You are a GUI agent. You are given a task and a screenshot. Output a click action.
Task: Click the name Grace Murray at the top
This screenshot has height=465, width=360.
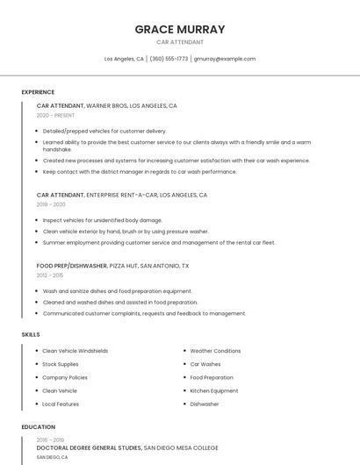pos(180,29)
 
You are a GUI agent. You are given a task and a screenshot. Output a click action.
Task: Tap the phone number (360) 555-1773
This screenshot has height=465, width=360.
pos(169,59)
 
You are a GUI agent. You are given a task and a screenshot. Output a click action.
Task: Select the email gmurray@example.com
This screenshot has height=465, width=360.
pos(225,59)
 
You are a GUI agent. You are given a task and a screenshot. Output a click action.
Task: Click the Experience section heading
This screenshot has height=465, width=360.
pos(38,92)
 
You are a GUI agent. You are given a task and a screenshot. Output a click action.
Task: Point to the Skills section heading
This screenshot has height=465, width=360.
pos(31,334)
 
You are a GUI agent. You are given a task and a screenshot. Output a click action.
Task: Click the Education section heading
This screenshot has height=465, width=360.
pos(39,427)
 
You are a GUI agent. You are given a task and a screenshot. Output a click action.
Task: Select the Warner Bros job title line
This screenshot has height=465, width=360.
pos(106,105)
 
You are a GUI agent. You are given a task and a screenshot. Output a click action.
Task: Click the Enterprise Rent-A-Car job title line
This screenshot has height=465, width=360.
pos(122,195)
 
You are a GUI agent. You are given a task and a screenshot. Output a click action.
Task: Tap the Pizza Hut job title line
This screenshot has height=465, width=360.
pos(112,265)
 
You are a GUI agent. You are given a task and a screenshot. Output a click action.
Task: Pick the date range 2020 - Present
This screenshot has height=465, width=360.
pos(55,116)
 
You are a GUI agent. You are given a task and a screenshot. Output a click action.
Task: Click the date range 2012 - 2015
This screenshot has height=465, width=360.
pos(50,275)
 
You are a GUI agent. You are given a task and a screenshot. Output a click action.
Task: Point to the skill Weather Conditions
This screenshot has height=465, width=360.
pos(215,351)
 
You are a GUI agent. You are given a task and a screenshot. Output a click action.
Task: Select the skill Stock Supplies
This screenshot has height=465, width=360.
pos(61,364)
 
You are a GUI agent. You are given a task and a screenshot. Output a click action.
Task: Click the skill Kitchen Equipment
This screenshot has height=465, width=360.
pos(214,390)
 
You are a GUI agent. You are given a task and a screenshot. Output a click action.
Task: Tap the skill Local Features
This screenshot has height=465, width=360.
pos(61,404)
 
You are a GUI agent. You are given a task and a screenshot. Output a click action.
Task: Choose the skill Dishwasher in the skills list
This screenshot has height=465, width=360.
pos(205,404)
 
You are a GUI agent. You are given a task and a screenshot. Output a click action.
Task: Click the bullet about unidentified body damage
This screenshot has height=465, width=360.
pos(103,220)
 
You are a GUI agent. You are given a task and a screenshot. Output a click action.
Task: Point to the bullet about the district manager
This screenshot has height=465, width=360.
pos(140,172)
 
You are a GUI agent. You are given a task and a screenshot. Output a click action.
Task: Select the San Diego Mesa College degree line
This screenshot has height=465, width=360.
pos(126,447)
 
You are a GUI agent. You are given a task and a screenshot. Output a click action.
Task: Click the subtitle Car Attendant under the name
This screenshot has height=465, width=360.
pos(180,42)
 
